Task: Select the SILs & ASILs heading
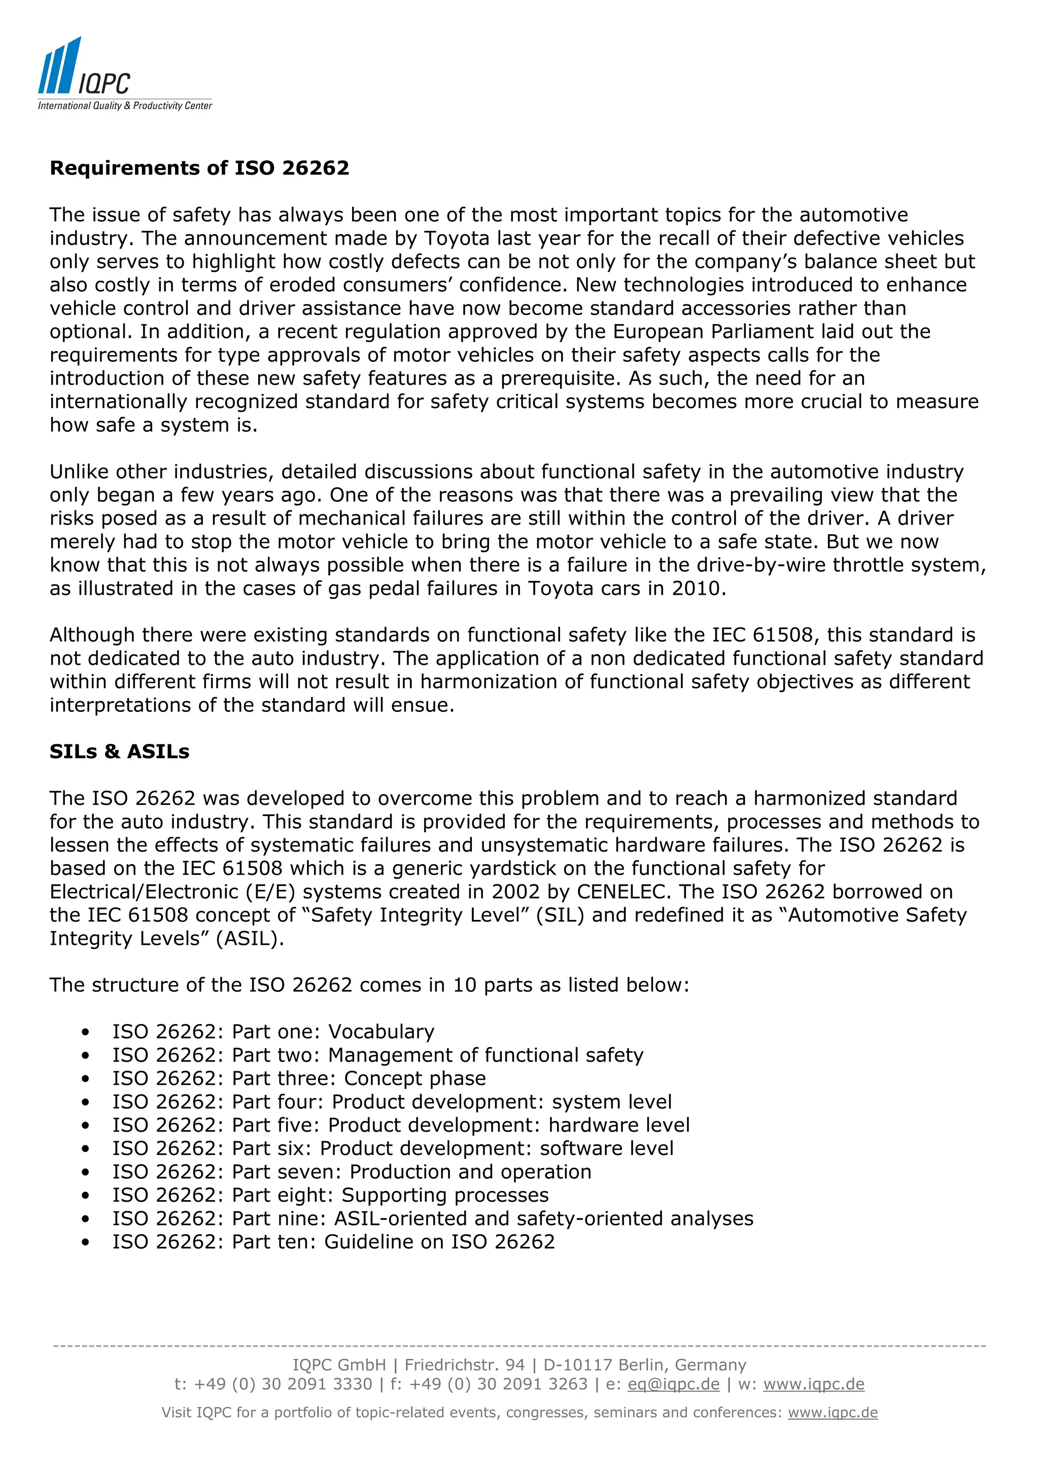[x=119, y=751]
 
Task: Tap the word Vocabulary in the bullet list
[x=381, y=1032]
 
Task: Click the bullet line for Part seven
[x=352, y=1172]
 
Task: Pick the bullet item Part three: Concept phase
[x=299, y=1078]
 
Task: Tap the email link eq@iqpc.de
[x=673, y=1384]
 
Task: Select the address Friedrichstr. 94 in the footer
[x=464, y=1365]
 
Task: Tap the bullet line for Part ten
[x=333, y=1242]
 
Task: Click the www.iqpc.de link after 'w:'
[x=814, y=1384]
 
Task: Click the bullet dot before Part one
[x=85, y=1032]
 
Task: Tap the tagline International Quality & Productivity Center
[x=125, y=106]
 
